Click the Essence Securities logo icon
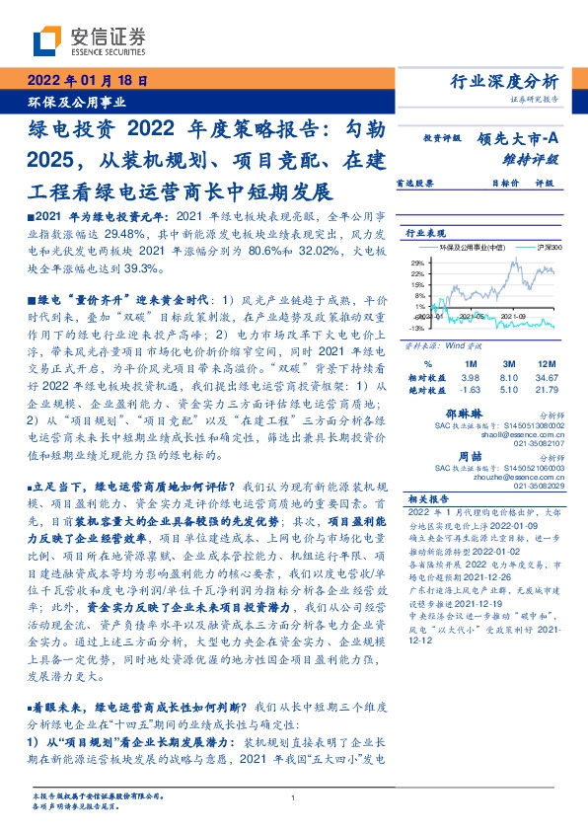(x=45, y=41)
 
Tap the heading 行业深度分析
(x=517, y=81)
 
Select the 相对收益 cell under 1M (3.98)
(x=470, y=378)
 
